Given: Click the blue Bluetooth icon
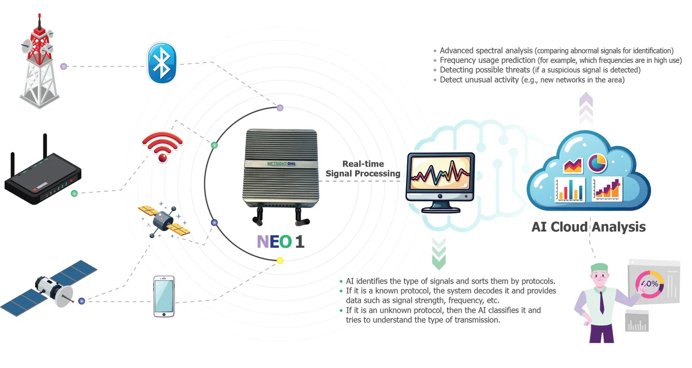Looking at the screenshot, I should (x=161, y=64).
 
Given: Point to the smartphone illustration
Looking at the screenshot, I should (x=164, y=296).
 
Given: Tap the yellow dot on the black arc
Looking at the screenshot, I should (x=280, y=260).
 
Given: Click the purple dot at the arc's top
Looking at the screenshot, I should (x=280, y=107).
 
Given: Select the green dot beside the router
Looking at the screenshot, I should (x=74, y=194).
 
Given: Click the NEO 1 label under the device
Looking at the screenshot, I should (x=280, y=240).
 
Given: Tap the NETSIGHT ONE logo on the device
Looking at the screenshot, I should (x=281, y=164).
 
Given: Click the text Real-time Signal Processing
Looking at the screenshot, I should (x=363, y=169).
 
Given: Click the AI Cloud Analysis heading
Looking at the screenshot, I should (x=588, y=226).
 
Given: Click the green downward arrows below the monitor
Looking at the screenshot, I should (x=439, y=256).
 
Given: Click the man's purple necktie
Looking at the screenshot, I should (x=602, y=301).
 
